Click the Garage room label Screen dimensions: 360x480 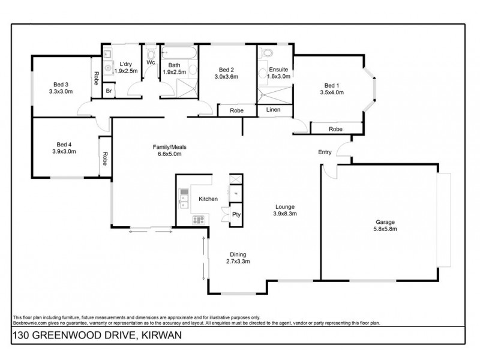click(386, 221)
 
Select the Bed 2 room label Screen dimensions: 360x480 click(227, 69)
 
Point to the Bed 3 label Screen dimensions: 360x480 click(59, 85)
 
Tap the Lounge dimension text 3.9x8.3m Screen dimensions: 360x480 click(286, 214)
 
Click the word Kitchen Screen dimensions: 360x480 click(208, 199)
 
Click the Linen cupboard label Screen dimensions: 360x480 click(274, 110)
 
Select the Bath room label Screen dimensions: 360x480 click(174, 65)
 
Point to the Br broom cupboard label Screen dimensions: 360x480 click(109, 91)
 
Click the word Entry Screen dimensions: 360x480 click(325, 152)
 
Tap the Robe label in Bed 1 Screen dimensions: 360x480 click(335, 129)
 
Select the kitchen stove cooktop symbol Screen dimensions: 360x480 click(198, 220)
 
